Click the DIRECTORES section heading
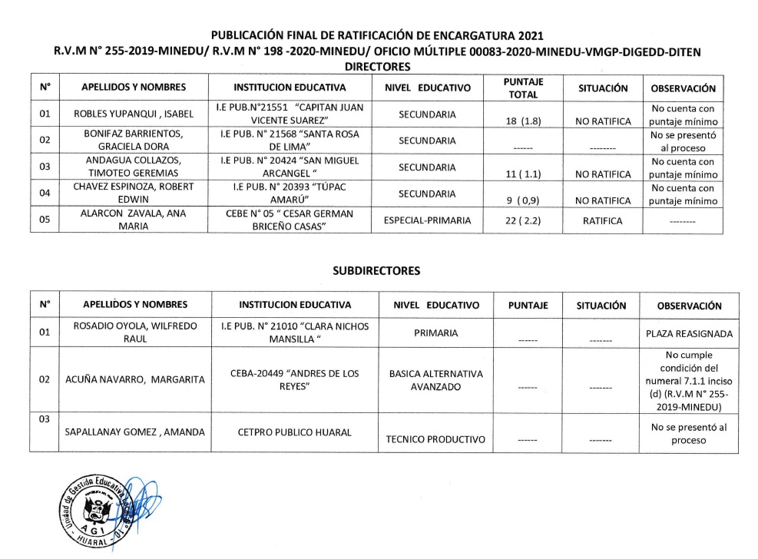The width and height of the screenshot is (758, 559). (378, 67)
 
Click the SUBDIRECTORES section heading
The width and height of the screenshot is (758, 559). (378, 271)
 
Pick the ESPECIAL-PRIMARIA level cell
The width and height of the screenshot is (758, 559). (427, 220)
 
